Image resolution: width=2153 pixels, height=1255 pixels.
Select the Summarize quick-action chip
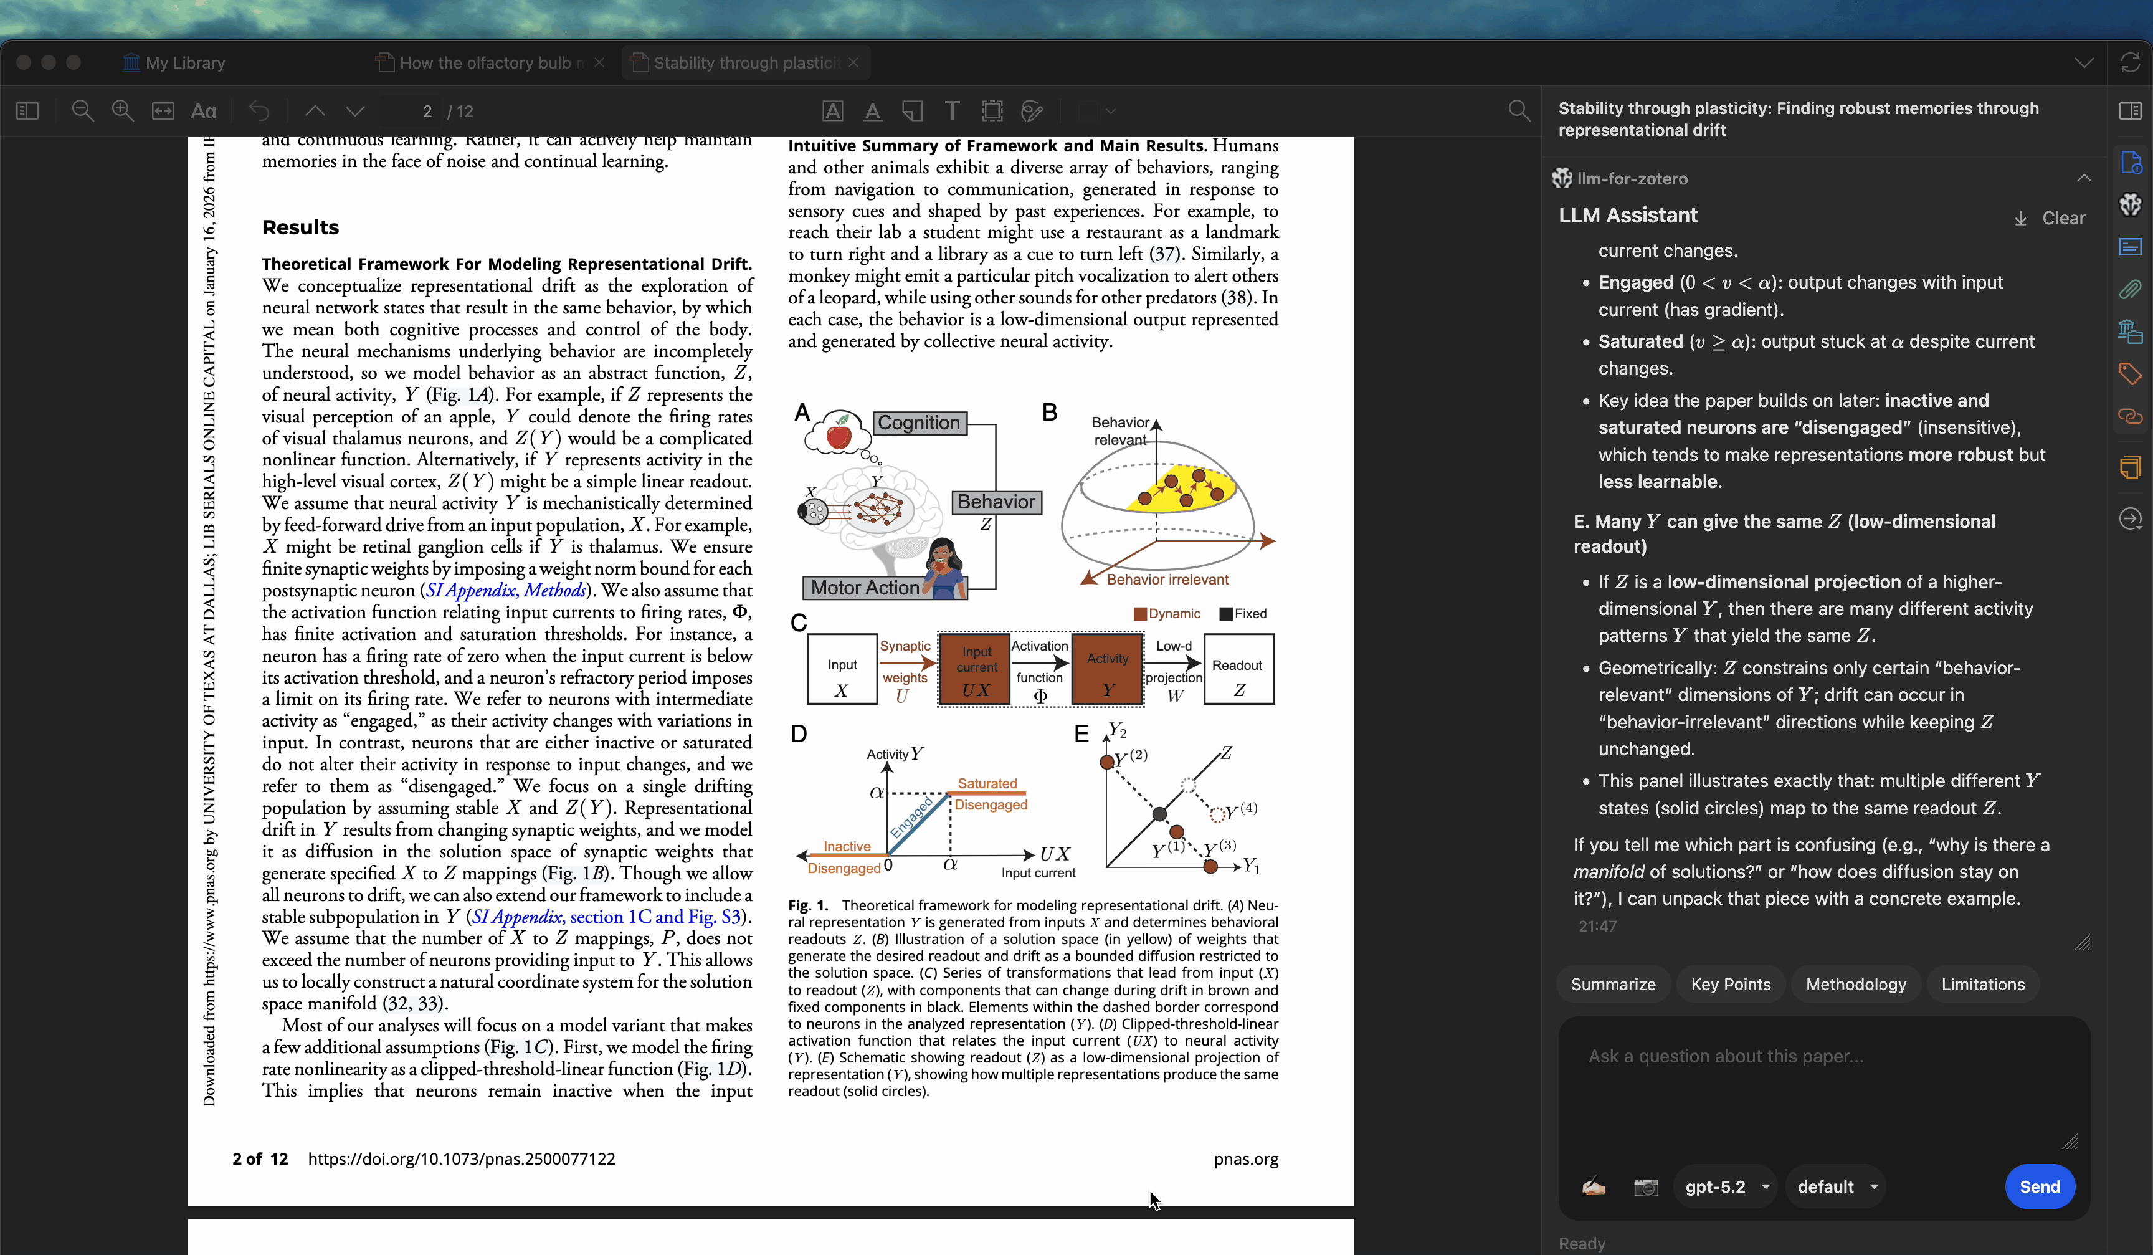tap(1612, 984)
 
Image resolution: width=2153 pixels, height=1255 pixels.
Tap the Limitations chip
tap(1982, 984)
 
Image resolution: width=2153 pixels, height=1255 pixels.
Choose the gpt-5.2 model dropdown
tap(1725, 1186)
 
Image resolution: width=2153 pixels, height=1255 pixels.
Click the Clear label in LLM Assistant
tap(2063, 219)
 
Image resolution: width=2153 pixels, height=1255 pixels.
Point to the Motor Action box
tap(865, 588)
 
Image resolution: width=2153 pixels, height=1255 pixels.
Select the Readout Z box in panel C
tap(1238, 669)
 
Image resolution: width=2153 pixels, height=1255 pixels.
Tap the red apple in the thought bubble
tap(839, 435)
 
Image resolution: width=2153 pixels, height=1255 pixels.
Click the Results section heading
tap(300, 227)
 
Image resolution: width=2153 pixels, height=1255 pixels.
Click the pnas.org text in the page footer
tap(1246, 1159)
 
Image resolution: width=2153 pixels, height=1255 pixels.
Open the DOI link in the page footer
tap(462, 1159)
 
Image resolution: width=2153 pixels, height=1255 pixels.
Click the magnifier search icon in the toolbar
tap(1518, 111)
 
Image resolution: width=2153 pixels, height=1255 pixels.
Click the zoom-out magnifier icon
tap(82, 111)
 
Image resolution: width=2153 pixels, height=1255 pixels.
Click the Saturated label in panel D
tap(987, 783)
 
